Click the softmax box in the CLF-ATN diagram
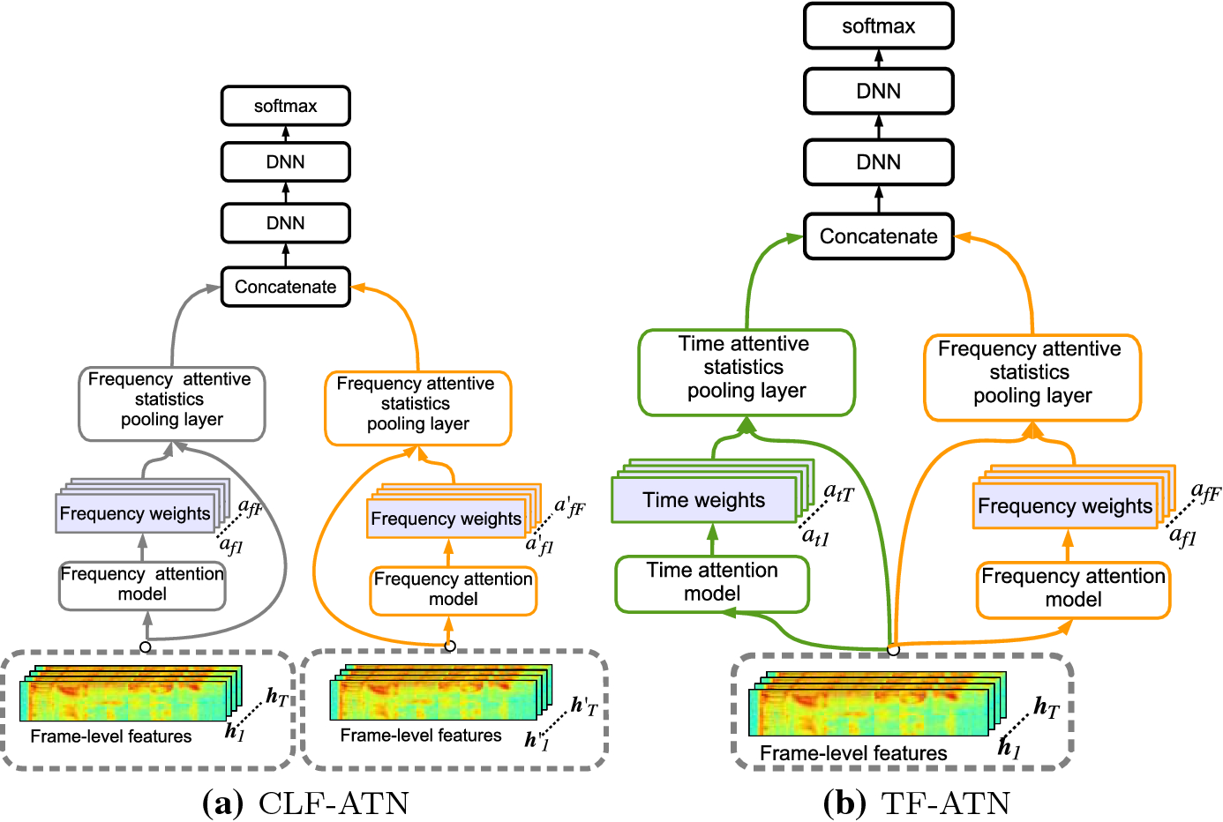click(x=285, y=106)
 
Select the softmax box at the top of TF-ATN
click(x=878, y=26)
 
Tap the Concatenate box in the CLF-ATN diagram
click(x=285, y=288)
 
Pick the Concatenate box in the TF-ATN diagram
click(x=878, y=236)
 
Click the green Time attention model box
click(x=712, y=582)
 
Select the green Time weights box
click(x=703, y=500)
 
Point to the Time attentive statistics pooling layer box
click(x=747, y=368)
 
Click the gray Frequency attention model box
click(x=142, y=585)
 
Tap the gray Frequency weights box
click(x=135, y=514)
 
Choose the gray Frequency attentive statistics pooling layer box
click(x=171, y=400)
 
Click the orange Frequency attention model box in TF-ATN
click(x=1073, y=588)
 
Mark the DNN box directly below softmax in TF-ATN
click(x=878, y=91)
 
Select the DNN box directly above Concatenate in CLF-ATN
click(x=285, y=223)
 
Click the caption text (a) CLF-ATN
click(x=306, y=803)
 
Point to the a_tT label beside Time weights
click(x=838, y=493)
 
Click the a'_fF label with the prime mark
click(x=569, y=507)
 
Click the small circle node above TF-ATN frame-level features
click(x=893, y=650)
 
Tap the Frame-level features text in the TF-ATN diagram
click(x=853, y=753)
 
